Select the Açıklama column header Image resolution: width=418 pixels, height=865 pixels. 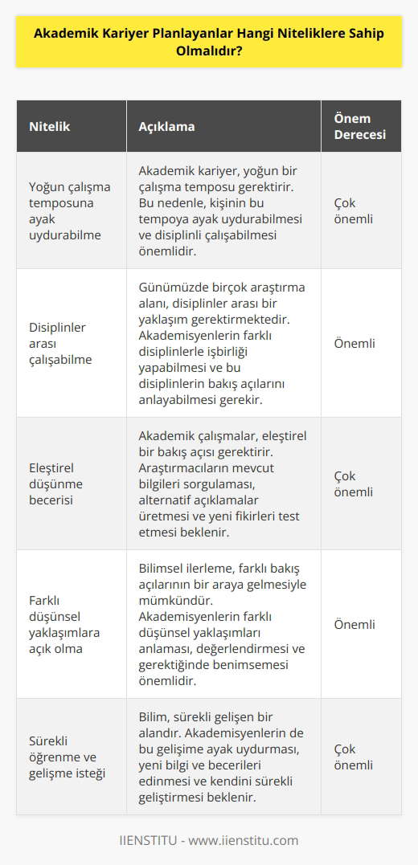click(166, 127)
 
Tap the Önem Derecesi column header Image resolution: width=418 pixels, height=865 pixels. click(359, 127)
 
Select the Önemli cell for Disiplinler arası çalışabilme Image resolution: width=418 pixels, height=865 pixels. click(354, 342)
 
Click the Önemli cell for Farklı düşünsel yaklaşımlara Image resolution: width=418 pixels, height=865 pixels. click(354, 624)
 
